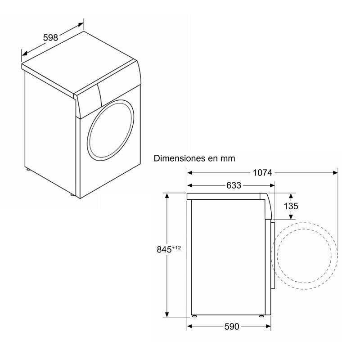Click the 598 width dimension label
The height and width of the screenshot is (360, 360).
click(x=50, y=38)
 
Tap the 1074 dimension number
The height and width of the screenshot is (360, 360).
click(x=262, y=172)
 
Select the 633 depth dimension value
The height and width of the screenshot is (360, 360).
click(x=234, y=185)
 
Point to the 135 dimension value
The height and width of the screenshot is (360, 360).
click(x=291, y=206)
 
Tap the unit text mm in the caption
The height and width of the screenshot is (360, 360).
click(x=228, y=158)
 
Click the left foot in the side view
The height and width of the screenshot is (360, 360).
click(x=194, y=316)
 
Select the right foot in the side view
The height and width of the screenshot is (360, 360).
click(x=261, y=316)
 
